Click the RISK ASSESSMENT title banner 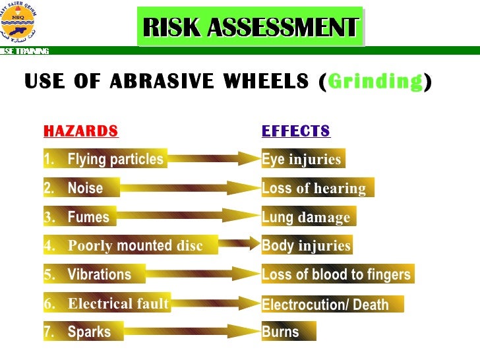click(251, 27)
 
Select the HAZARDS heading click(80, 131)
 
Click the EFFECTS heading click(295, 131)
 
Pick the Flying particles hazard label click(104, 159)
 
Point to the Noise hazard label click(73, 188)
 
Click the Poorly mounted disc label click(123, 246)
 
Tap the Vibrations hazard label click(94, 274)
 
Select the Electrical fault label click(107, 303)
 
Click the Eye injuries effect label click(303, 159)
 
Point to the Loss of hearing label click(317, 188)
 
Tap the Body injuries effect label click(307, 246)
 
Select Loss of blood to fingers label click(337, 274)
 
